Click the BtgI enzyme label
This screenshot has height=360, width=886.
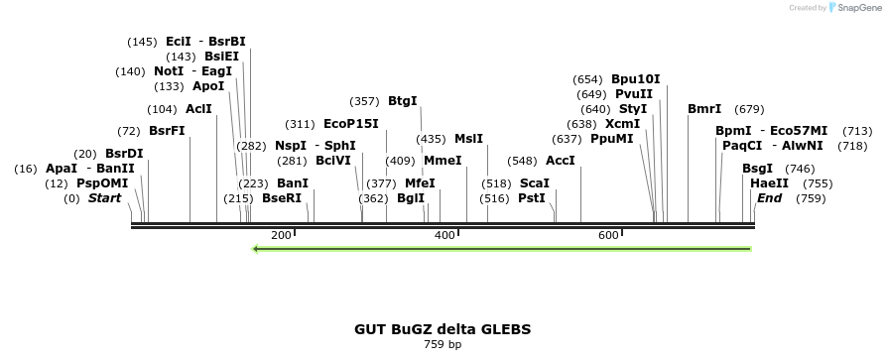[x=402, y=100]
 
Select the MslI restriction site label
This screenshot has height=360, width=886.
[x=468, y=139]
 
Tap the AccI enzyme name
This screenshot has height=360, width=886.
[x=561, y=160]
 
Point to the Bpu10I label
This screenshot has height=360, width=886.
[x=635, y=79]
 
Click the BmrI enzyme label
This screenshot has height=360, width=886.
[x=704, y=109]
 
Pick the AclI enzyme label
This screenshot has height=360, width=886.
[x=198, y=109]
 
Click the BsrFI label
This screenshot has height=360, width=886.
[x=167, y=131]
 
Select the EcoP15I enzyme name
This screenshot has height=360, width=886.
[x=351, y=124]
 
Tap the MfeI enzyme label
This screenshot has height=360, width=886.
[x=420, y=183]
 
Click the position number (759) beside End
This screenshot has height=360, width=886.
[x=811, y=198]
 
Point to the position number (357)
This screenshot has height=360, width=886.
[x=364, y=101]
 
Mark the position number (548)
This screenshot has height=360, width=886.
[x=522, y=161]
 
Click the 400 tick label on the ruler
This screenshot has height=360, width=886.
[x=444, y=235]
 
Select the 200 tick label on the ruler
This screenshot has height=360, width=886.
[x=281, y=235]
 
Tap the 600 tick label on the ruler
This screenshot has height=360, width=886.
[x=608, y=235]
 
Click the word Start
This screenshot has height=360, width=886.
[x=104, y=198]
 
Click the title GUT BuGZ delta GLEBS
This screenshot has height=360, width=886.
[x=443, y=328]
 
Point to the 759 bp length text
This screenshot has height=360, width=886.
[x=443, y=345]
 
